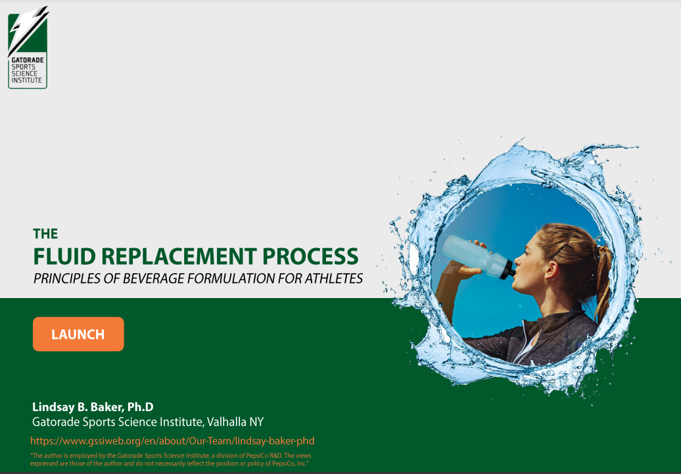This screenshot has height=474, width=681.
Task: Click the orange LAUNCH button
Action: tap(78, 334)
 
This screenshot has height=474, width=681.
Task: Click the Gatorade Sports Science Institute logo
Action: tap(28, 47)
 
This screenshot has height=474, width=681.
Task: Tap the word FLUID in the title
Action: tap(64, 256)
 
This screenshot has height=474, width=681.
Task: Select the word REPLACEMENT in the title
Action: tap(179, 256)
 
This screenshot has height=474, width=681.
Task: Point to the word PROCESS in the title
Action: tap(310, 256)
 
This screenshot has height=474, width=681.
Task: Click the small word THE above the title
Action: tap(45, 234)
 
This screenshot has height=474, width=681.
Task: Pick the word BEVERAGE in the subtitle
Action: tap(154, 278)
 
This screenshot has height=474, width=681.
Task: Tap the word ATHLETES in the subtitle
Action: tap(333, 278)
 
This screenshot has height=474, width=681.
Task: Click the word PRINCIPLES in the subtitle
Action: tap(67, 278)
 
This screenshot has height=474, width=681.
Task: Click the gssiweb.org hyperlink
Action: tap(172, 441)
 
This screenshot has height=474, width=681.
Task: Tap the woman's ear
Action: tap(552, 269)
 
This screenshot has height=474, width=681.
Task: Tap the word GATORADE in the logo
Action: tap(28, 60)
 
